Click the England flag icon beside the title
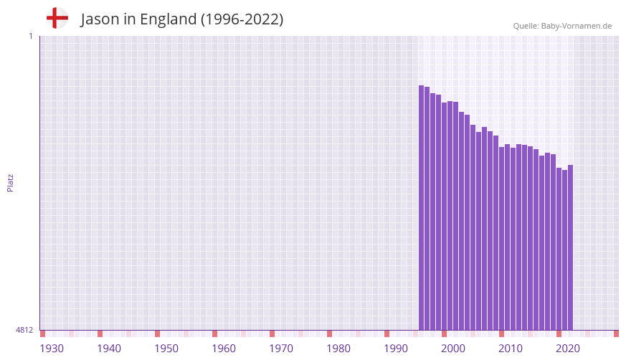(57, 18)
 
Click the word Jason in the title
(100, 19)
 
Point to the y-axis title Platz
(10, 182)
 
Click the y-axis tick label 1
(30, 36)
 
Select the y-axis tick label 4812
(24, 330)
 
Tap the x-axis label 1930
(52, 349)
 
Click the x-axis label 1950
(166, 349)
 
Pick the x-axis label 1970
(281, 349)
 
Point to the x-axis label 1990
(396, 349)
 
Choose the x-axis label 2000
(453, 349)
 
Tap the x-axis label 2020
(568, 349)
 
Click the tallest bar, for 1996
(422, 208)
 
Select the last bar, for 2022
(571, 247)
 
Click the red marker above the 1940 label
(100, 333)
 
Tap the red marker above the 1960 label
(214, 333)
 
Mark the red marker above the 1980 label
(329, 333)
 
